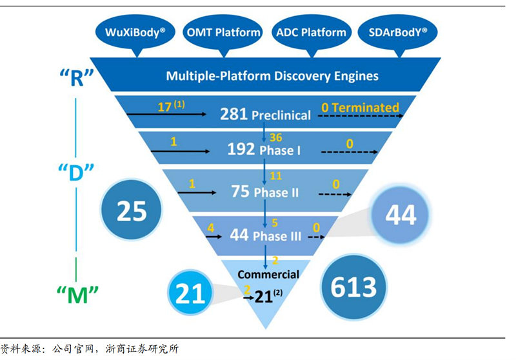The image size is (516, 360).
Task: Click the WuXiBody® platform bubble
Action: pos(135,32)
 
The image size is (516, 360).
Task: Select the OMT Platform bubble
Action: pos(223,32)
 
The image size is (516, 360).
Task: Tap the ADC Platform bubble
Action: pos(311,32)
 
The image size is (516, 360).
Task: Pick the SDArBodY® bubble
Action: pos(397,32)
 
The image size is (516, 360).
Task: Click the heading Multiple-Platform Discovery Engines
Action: pos(272,75)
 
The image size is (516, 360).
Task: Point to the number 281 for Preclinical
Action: pos(234,115)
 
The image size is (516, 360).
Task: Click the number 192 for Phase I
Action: pos(241,150)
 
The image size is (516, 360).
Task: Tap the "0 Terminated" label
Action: pos(360,108)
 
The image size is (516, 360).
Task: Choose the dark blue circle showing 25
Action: pos(132,211)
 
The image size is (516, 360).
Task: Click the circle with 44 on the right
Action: pos(401,214)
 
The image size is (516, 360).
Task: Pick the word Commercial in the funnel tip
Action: pos(268,274)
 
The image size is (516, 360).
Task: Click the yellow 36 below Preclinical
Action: pos(275,137)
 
